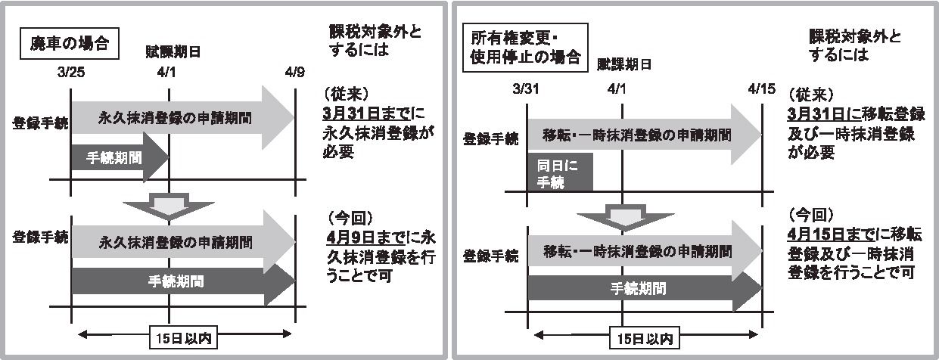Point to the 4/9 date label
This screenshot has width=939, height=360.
point(295,73)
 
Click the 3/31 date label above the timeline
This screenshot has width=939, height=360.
point(527,88)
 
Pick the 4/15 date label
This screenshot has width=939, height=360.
point(761,88)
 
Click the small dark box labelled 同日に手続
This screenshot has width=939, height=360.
point(559,172)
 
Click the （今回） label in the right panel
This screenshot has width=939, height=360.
point(811,214)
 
